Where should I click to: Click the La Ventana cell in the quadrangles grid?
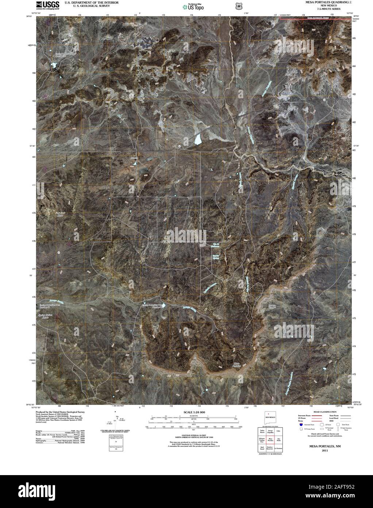coord(278,448)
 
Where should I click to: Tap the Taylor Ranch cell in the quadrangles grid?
coord(262,431)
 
